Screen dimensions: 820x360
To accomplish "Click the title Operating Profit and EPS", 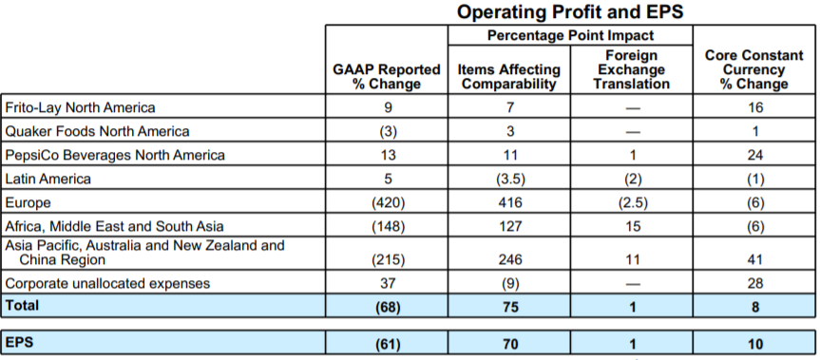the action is (x=570, y=12).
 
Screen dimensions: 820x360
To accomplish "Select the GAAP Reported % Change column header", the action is (x=387, y=77).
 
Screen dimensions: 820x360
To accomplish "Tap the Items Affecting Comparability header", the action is (x=509, y=77).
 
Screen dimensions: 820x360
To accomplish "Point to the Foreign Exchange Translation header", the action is (x=631, y=69).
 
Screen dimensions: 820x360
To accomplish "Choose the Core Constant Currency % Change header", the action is (x=753, y=69).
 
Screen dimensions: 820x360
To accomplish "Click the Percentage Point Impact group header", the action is (x=570, y=35).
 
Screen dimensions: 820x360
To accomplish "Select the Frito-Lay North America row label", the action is (x=80, y=107).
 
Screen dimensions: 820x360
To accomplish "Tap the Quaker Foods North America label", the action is (x=97, y=131).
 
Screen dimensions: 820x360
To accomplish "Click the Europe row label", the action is (x=28, y=202).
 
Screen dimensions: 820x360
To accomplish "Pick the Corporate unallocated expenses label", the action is (x=107, y=284).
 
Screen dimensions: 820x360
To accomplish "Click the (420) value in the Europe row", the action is (x=388, y=202).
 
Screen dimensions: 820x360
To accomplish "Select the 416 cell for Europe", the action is (x=510, y=202).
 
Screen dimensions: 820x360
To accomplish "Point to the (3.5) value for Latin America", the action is (x=510, y=180).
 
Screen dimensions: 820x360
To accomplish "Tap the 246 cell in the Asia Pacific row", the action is (x=510, y=259).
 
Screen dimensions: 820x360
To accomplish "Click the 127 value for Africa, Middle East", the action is (x=510, y=226).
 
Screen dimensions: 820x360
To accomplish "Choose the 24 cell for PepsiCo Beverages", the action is (x=755, y=155).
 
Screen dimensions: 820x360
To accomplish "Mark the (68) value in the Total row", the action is (x=388, y=307).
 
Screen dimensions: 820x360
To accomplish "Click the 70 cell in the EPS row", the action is (x=510, y=344).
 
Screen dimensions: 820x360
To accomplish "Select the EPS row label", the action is (x=19, y=343).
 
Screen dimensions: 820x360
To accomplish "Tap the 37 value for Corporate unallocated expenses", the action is (x=388, y=284).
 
